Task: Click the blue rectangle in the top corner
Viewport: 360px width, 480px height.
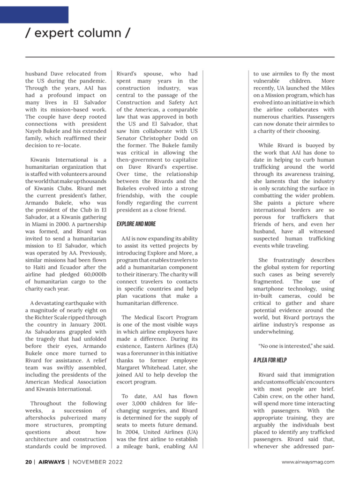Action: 34,15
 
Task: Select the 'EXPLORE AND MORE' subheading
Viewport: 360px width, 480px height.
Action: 136,224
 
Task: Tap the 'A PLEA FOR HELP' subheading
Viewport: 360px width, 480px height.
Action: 270,360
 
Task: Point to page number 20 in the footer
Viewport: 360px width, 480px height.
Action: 29,462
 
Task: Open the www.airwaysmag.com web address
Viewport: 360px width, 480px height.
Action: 308,462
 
